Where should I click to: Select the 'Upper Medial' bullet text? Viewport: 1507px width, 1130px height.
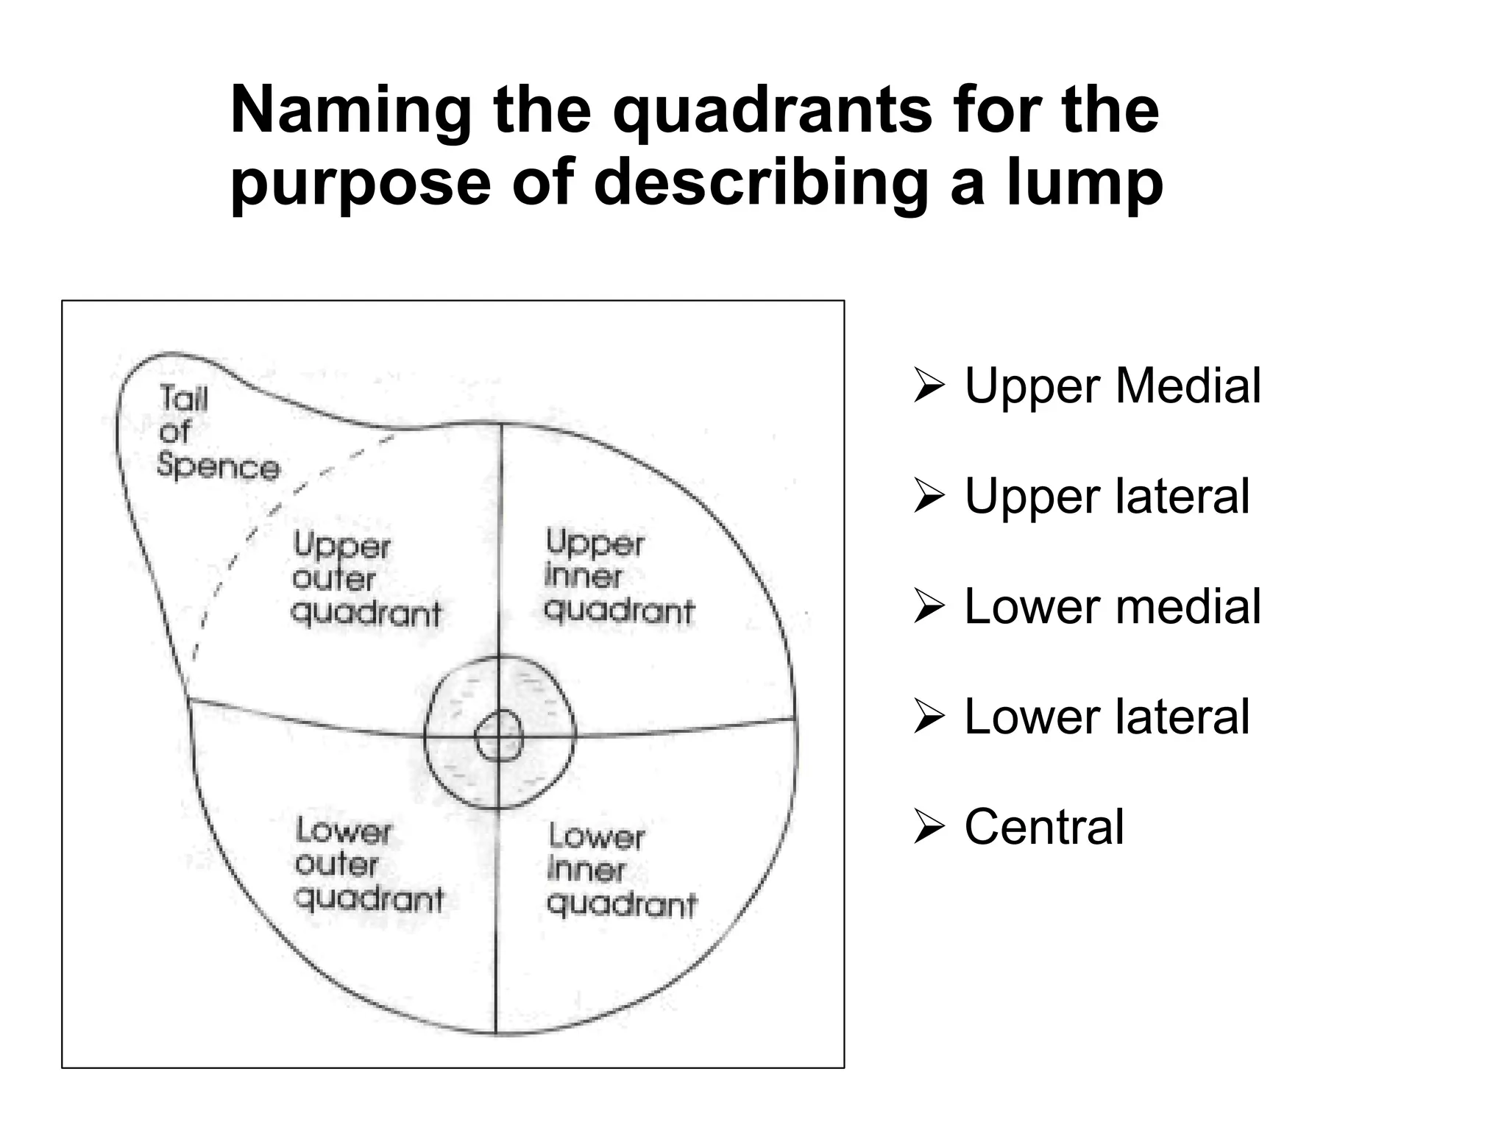[1113, 385]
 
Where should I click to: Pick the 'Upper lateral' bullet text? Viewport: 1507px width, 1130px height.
[1107, 496]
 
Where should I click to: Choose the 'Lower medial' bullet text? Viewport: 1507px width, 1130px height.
[1113, 606]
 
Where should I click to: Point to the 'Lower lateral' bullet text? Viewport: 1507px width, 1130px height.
[1107, 717]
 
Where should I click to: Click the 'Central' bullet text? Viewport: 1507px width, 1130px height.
[1044, 827]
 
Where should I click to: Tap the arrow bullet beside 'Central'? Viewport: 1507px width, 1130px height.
[929, 828]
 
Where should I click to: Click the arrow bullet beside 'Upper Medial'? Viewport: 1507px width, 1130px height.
[929, 386]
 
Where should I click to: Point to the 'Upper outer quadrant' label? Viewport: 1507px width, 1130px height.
[366, 579]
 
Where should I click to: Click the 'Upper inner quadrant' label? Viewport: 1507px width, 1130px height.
[618, 577]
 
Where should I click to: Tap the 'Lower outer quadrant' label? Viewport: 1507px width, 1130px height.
[369, 865]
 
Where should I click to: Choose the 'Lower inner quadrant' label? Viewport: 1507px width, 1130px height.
[622, 870]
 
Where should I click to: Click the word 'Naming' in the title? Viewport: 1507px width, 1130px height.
[351, 112]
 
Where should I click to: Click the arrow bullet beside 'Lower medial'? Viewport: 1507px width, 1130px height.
[929, 607]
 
